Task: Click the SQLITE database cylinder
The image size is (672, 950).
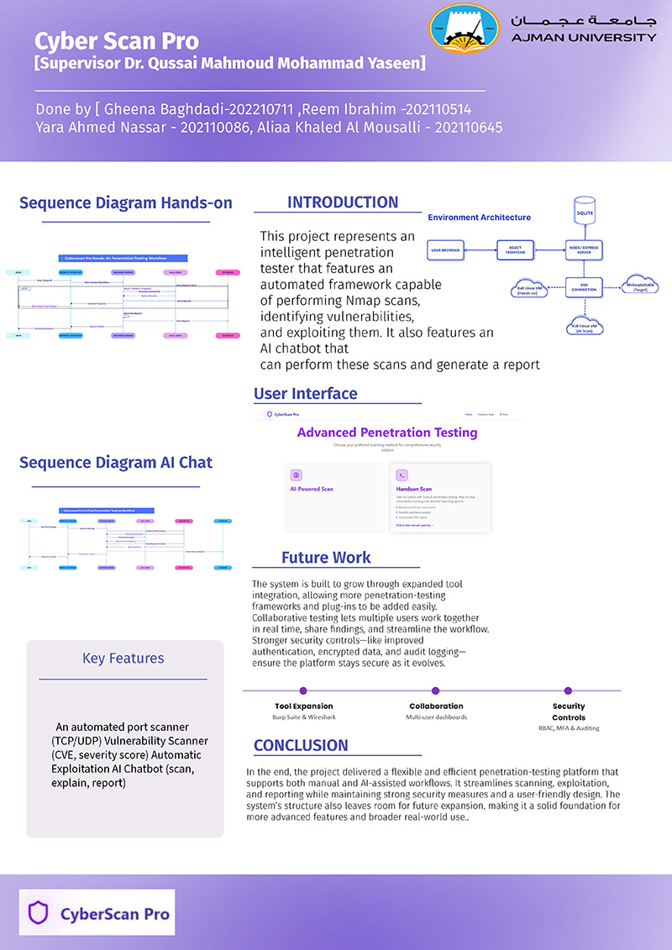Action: [x=585, y=213]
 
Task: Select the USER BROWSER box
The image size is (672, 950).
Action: [x=446, y=250]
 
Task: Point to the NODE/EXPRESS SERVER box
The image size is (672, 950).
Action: [x=584, y=250]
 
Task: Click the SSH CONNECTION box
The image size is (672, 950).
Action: [x=584, y=287]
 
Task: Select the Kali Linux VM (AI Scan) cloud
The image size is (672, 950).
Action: [x=584, y=328]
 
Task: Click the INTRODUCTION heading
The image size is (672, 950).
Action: [x=343, y=202]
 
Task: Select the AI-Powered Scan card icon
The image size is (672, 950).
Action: [x=296, y=475]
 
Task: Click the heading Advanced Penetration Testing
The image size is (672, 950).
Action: [x=387, y=433]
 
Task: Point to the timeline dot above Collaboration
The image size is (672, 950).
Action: [x=436, y=690]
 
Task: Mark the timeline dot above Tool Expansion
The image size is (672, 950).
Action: [x=303, y=690]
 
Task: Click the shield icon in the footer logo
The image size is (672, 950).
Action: [x=39, y=913]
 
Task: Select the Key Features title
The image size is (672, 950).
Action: [x=123, y=659]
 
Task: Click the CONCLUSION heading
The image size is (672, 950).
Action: [x=301, y=745]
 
